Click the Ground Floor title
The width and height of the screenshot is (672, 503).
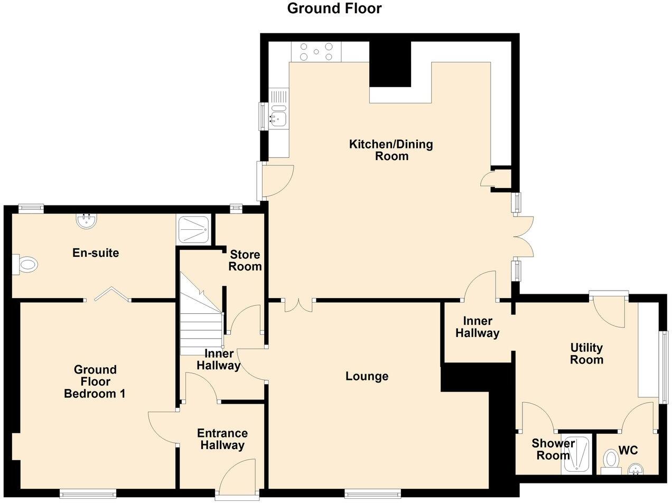pos(334,8)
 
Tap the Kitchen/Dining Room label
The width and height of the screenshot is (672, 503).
pos(391,150)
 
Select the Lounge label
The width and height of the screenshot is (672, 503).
pos(367,376)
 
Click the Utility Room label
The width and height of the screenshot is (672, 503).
pos(586,353)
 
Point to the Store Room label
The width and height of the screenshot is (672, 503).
pos(245,260)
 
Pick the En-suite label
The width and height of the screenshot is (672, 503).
pos(96,253)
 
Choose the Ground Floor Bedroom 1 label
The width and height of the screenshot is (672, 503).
pos(95,381)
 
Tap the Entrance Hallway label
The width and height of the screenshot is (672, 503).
pos(222,439)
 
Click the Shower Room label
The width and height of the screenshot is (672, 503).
pos(552,449)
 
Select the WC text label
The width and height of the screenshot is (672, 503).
pos(628,451)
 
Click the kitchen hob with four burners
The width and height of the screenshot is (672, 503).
pos(316,52)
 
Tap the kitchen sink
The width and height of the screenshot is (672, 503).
pos(278,115)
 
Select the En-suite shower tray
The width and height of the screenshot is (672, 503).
pos(194,230)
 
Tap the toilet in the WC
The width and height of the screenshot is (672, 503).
pos(611,460)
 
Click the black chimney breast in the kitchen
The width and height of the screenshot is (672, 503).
pos(390,63)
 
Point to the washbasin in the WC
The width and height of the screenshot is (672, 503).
pos(636,469)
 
